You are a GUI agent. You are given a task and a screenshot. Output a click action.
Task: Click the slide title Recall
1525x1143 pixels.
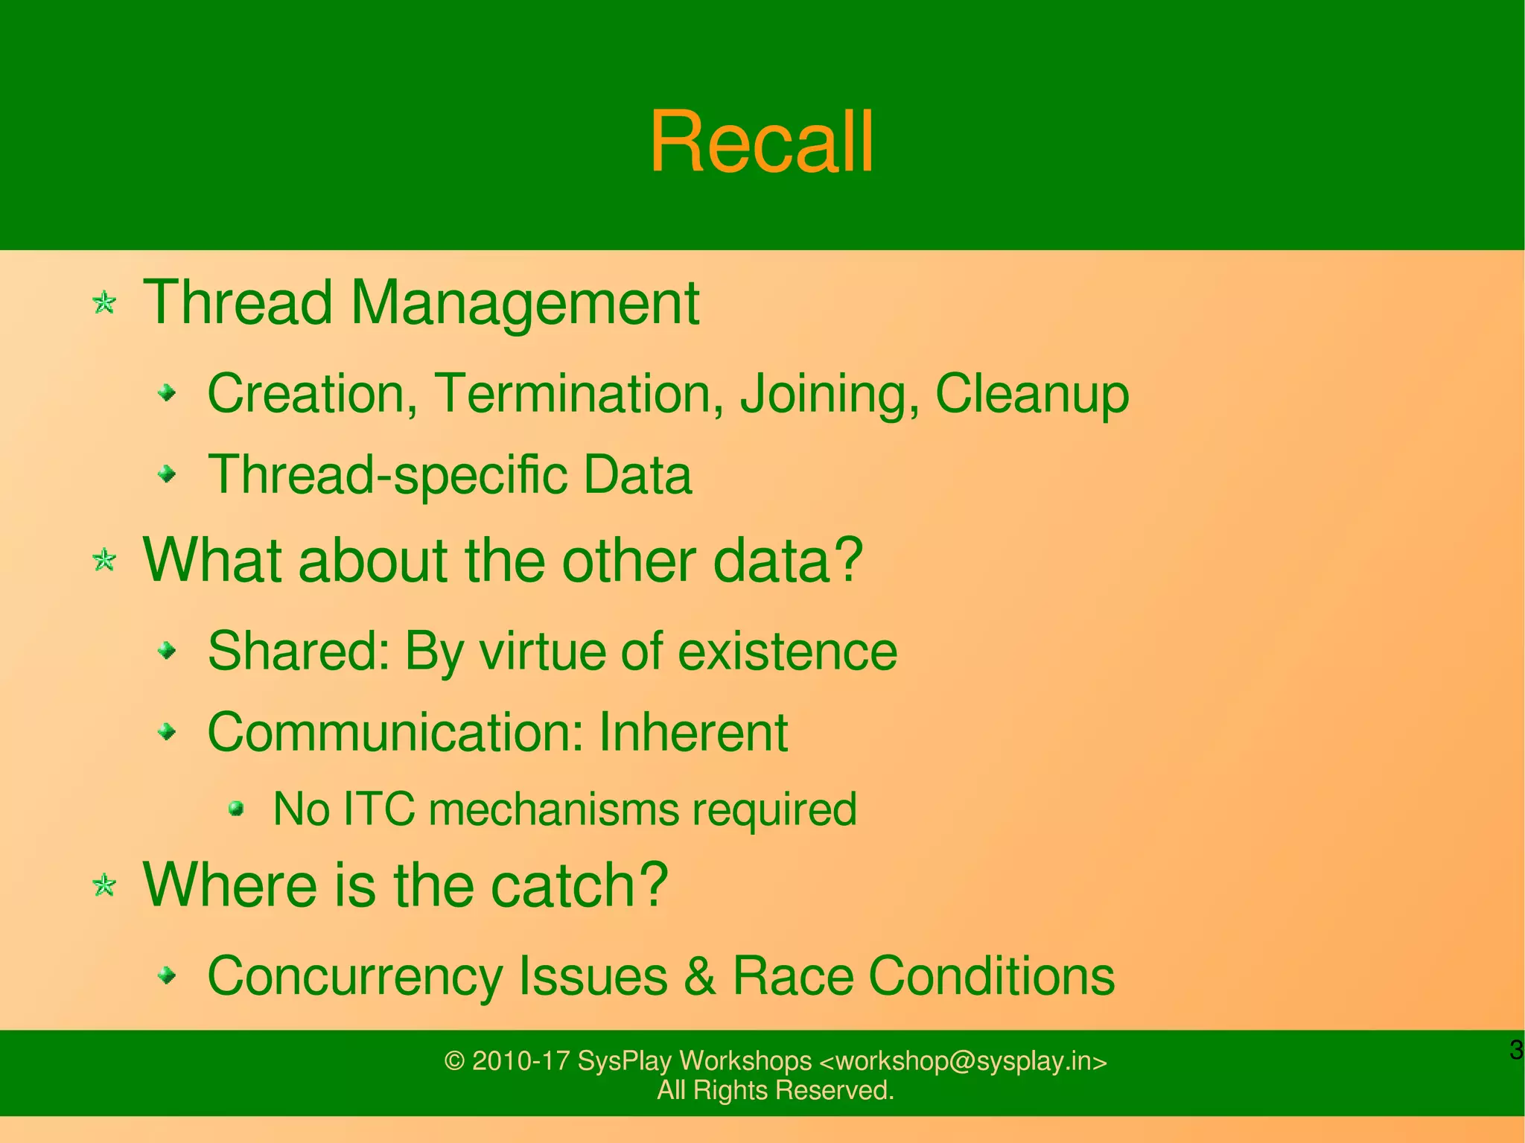click(x=761, y=141)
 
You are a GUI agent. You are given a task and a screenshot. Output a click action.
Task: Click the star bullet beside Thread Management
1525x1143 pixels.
click(x=104, y=303)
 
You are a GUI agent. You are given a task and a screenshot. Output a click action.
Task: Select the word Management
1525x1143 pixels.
click(x=524, y=303)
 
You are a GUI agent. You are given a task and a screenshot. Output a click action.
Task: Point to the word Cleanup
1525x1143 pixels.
click(x=1031, y=395)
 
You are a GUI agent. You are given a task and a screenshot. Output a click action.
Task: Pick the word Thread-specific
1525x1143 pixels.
click(x=387, y=475)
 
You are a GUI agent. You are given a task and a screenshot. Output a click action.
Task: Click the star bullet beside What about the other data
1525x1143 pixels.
click(x=104, y=560)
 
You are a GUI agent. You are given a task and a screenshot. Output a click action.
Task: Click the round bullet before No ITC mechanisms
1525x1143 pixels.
click(x=236, y=808)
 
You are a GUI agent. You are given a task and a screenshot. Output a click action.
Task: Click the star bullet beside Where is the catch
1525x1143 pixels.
click(x=104, y=885)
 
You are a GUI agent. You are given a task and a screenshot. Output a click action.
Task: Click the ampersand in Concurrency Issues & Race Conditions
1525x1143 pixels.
click(x=699, y=975)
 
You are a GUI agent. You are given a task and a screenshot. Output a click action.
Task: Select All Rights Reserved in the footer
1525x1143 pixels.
click(x=774, y=1090)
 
